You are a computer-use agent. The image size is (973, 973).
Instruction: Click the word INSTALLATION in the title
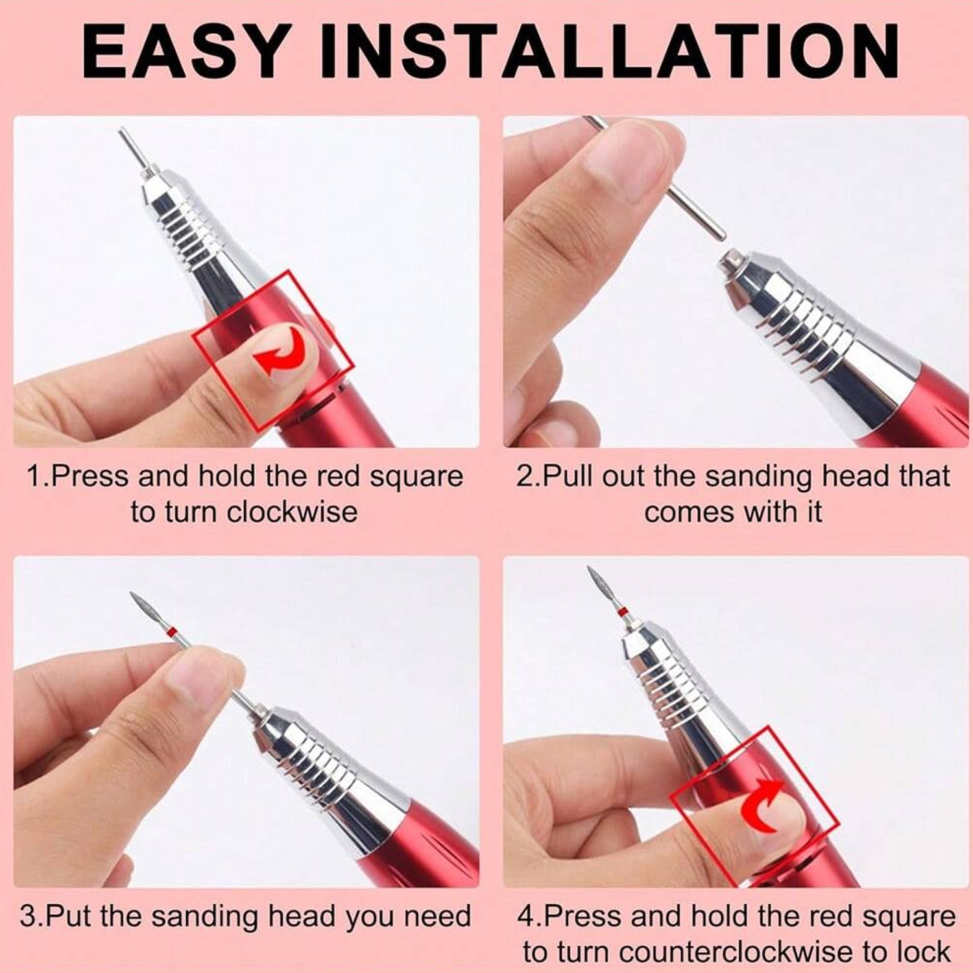610,51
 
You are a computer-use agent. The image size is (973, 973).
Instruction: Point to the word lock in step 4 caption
924,952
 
